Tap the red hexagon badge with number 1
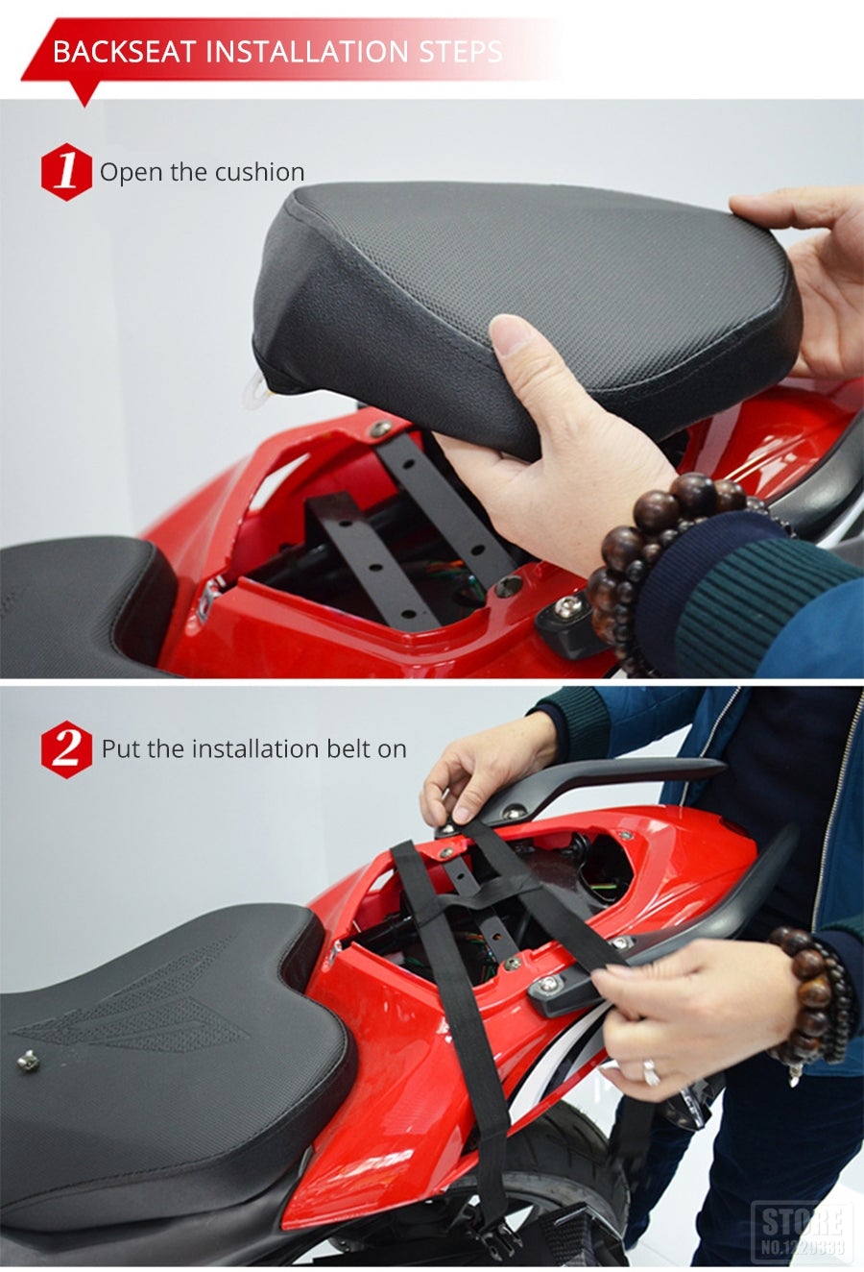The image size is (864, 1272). point(66,172)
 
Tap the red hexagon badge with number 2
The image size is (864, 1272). point(66,748)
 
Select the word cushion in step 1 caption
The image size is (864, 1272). point(259,172)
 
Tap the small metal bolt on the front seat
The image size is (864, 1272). point(28,1061)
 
